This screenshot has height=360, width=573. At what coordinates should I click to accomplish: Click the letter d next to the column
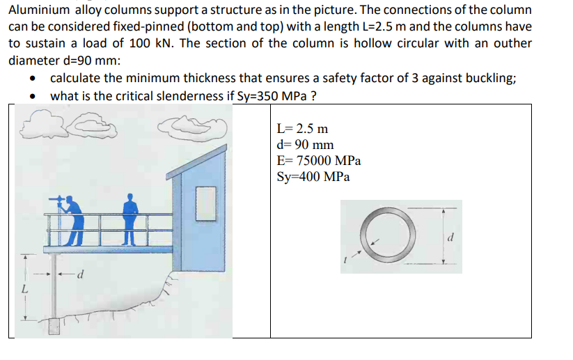[81, 273]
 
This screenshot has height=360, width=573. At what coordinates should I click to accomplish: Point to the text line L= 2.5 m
[302, 129]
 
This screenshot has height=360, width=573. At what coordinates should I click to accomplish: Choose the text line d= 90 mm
[305, 145]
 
